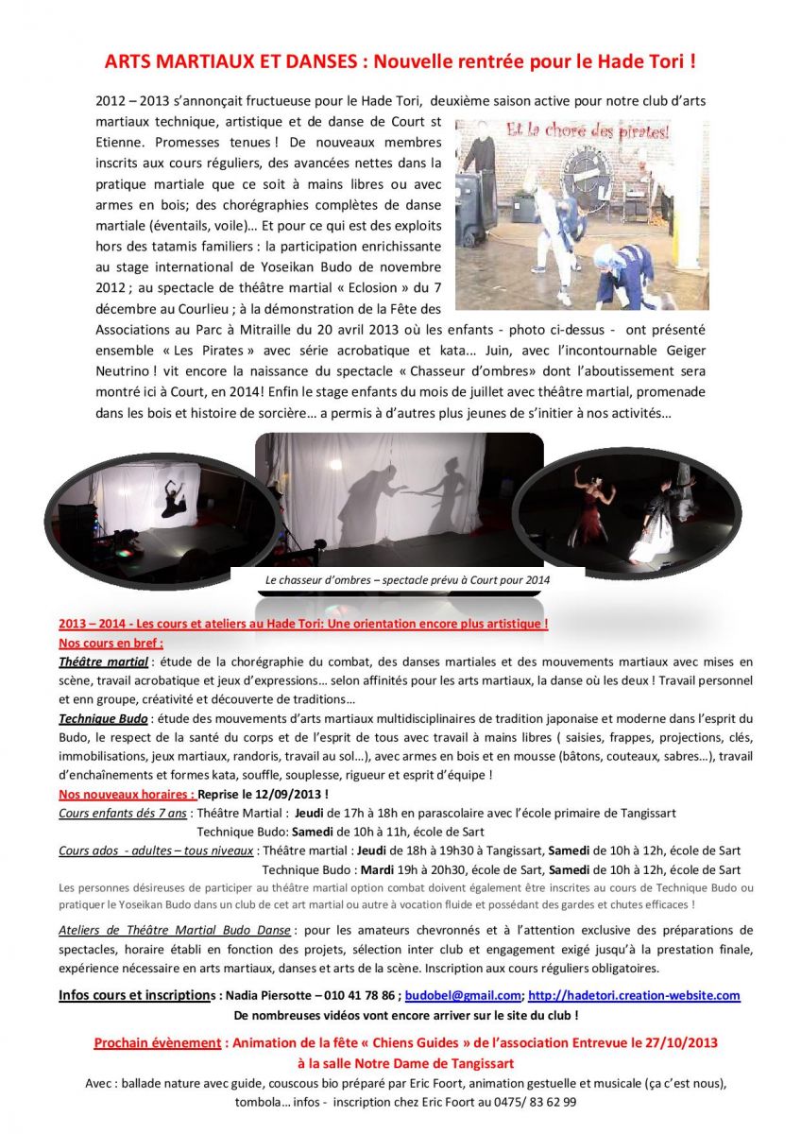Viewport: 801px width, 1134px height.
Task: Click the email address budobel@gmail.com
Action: coord(469,995)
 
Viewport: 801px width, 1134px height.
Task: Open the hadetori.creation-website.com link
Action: coord(634,995)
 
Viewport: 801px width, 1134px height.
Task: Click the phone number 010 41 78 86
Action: coord(363,995)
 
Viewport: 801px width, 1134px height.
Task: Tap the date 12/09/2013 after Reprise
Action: coord(288,794)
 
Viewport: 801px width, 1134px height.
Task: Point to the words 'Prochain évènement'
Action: coord(157,1043)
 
